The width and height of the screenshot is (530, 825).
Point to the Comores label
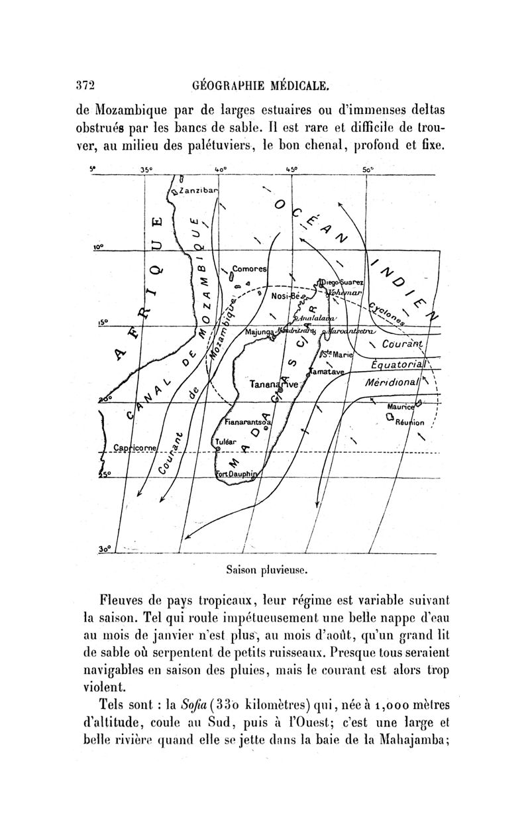[249, 270]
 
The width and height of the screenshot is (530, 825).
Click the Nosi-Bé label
[287, 298]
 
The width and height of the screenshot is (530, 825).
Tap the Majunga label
[261, 332]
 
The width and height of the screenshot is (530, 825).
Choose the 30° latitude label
[103, 549]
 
